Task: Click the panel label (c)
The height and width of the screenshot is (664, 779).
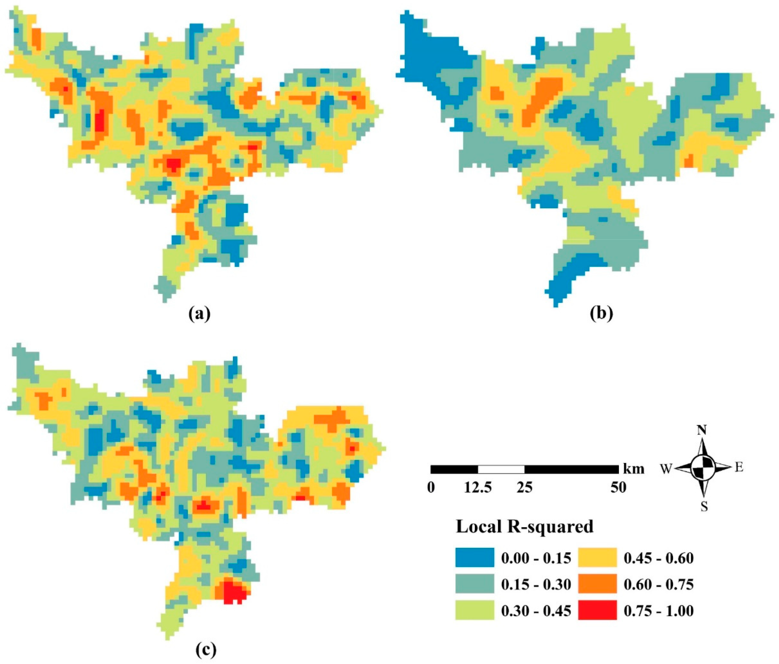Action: point(206,649)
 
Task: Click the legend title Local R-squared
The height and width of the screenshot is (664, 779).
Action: point(525,527)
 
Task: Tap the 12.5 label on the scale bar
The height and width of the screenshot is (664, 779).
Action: point(477,488)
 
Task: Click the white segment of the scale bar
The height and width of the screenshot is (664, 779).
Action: point(501,469)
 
